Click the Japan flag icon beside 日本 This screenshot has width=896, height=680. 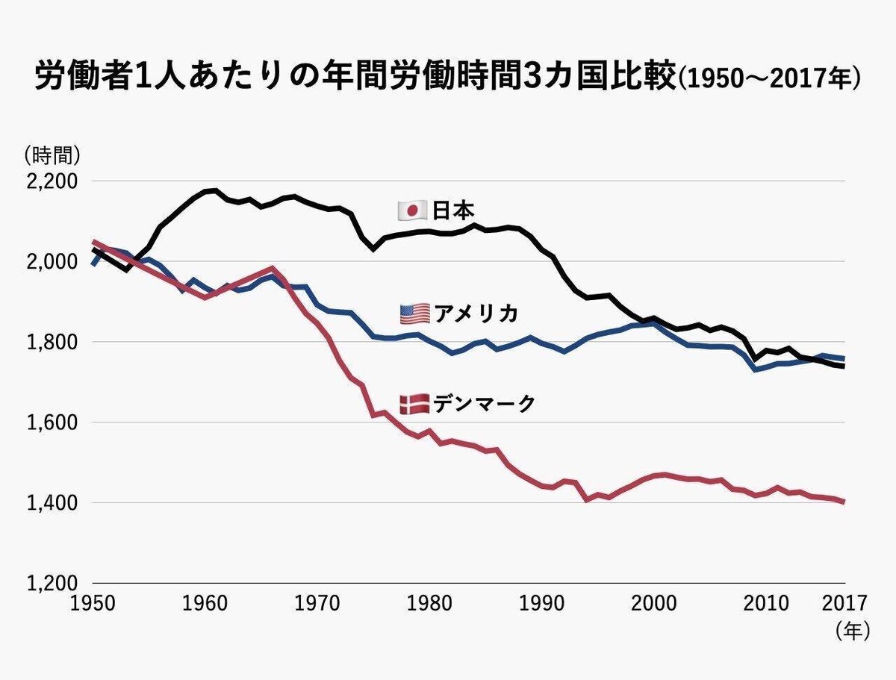click(x=411, y=211)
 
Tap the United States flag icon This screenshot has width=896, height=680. click(x=414, y=314)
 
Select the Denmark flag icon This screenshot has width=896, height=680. click(x=414, y=404)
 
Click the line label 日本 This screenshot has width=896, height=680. click(x=453, y=211)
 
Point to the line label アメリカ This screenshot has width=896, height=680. click(x=476, y=314)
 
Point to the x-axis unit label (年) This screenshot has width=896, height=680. click(x=852, y=631)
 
